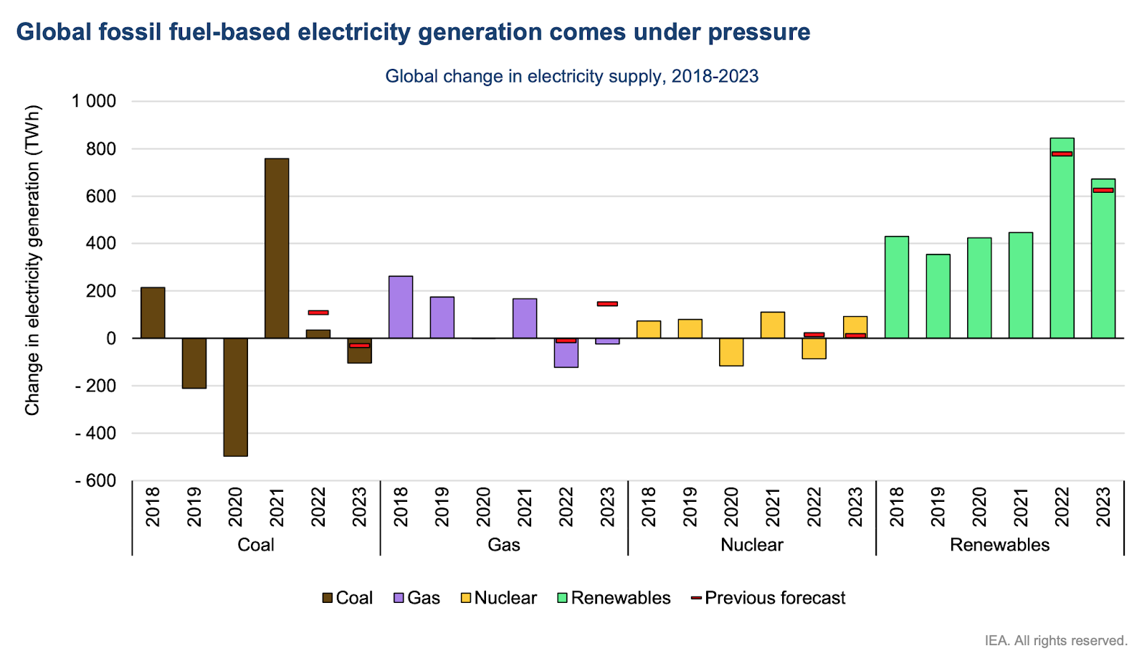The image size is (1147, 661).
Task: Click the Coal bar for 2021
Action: click(277, 248)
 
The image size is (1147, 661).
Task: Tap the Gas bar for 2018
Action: click(401, 307)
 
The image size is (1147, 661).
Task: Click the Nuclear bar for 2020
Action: click(731, 352)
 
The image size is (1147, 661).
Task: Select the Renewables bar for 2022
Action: click(1062, 238)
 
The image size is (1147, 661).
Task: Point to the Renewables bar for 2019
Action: click(938, 296)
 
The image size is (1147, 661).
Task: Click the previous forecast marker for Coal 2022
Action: click(318, 313)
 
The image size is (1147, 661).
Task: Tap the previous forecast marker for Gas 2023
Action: click(607, 304)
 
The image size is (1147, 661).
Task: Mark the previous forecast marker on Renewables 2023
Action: click(1103, 190)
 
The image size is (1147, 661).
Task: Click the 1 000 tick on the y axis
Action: click(93, 101)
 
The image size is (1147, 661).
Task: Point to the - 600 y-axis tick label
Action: click(95, 481)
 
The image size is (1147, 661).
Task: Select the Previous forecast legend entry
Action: click(768, 598)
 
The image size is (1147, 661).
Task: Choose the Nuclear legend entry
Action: click(499, 598)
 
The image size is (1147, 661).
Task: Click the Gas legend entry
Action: click(417, 598)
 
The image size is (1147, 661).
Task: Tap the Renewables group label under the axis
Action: click(999, 545)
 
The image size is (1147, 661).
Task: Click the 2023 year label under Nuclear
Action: click(855, 507)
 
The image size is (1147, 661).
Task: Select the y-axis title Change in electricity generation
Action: click(32, 261)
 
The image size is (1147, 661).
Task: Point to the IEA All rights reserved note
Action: click(1055, 640)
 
